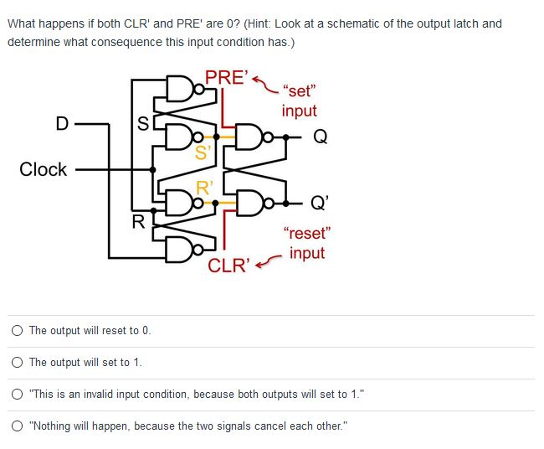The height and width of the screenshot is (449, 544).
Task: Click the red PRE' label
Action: (226, 77)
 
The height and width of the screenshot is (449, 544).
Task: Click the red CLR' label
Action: (228, 266)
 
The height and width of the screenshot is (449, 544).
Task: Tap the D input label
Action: (61, 124)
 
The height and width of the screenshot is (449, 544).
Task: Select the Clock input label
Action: (43, 169)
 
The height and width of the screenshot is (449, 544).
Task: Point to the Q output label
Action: (321, 136)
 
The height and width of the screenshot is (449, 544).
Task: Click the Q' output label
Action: (320, 202)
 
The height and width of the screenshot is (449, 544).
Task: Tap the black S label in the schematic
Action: (143, 125)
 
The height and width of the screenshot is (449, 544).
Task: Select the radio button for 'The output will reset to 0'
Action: (18, 331)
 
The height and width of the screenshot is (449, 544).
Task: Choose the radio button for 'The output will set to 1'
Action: (18, 363)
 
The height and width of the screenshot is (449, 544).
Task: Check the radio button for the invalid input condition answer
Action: (18, 395)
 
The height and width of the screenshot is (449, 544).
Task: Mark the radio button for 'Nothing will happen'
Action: (18, 426)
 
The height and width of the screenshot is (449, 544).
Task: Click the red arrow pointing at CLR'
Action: (269, 263)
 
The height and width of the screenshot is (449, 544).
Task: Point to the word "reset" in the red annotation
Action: (307, 234)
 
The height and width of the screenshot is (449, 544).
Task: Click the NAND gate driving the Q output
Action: (249, 135)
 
